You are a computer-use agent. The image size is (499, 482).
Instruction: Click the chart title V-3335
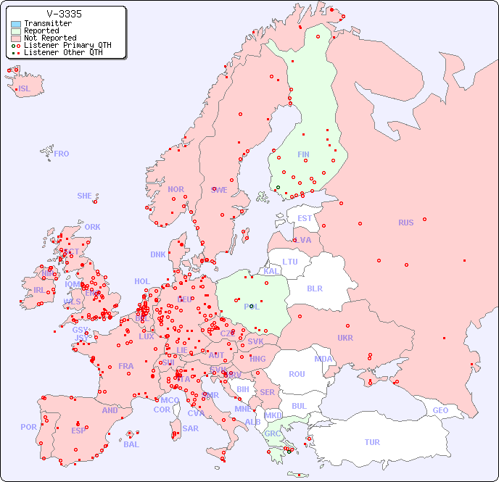coord(64,14)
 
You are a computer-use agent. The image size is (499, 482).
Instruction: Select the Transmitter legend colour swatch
coord(16,24)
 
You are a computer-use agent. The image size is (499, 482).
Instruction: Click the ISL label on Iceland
coord(25,89)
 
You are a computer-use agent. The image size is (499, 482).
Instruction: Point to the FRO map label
coord(62,154)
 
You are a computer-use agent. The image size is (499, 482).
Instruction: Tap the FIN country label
coord(303,154)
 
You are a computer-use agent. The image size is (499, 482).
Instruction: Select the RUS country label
coord(405,223)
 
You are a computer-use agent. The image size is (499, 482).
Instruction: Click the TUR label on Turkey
coord(372,442)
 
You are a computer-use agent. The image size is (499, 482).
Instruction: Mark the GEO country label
coord(440,410)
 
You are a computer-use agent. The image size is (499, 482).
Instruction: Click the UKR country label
coord(345,338)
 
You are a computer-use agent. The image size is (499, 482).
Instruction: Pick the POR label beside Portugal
coord(28,427)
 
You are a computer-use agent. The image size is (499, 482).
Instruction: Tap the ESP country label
coord(78,430)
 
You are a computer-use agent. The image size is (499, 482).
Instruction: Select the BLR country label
coord(315,288)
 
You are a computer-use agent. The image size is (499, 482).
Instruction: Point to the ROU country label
coord(297,374)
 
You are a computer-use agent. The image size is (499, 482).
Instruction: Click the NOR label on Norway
coord(176,189)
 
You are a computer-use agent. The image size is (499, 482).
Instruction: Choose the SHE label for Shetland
coord(85,196)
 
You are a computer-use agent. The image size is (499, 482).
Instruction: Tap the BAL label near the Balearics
coord(131,444)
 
